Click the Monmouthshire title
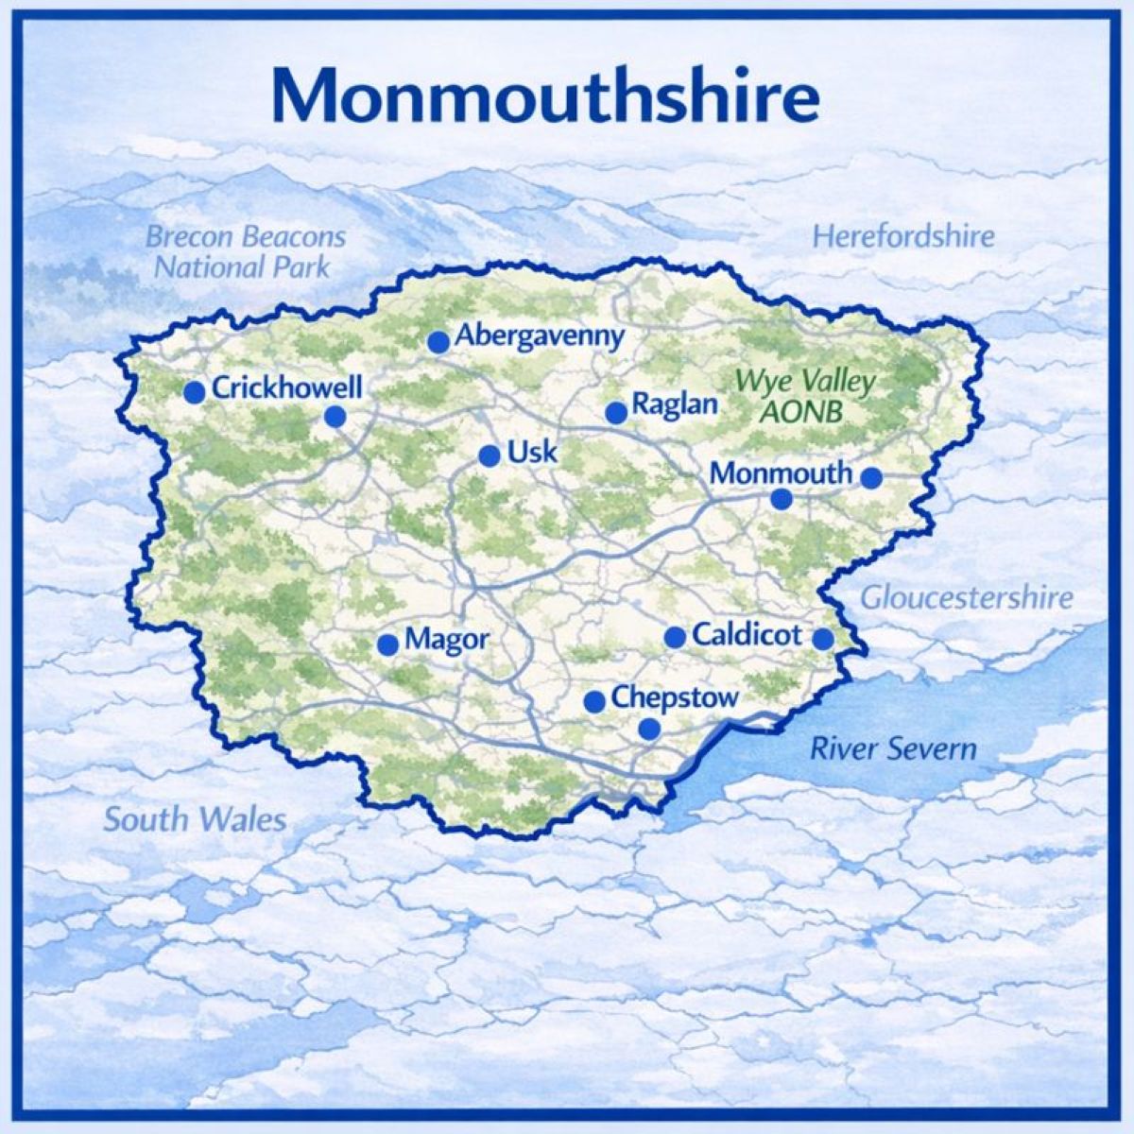(x=545, y=94)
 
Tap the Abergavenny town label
(x=540, y=335)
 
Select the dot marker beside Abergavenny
(x=438, y=342)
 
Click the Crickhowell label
(x=287, y=387)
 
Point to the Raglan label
(x=675, y=405)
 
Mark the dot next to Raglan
(x=616, y=413)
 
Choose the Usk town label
(x=533, y=452)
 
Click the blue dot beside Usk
(x=490, y=456)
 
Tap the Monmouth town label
(x=781, y=472)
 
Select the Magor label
(x=447, y=640)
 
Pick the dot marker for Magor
(x=387, y=644)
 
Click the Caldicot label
(x=747, y=634)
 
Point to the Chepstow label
(x=674, y=697)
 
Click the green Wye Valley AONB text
(x=805, y=397)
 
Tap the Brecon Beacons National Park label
(x=245, y=250)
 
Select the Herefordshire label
(x=903, y=235)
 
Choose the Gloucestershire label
(x=967, y=597)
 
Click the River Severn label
(x=893, y=749)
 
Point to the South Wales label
(x=195, y=818)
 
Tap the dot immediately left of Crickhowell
(x=195, y=392)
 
